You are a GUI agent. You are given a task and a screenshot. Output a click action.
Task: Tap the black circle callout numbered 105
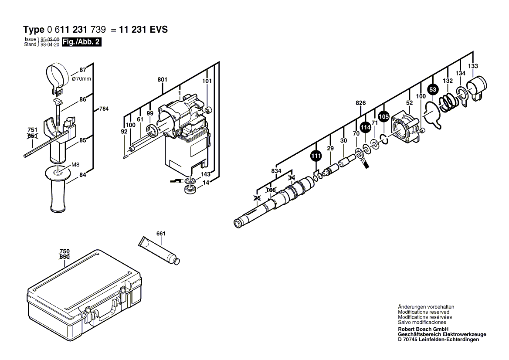pos(383,117)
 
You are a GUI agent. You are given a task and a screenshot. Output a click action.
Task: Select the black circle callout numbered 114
pos(365,127)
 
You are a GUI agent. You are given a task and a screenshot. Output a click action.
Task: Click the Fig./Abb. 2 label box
pos(81,42)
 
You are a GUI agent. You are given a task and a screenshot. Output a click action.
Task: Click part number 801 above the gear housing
pos(162,80)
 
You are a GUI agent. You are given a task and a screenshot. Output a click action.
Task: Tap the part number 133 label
pos(473,66)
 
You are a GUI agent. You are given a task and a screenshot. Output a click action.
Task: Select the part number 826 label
pos(360,103)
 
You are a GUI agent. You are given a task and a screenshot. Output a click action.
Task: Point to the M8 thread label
pos(75,165)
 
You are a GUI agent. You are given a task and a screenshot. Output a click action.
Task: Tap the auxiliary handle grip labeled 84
pos(57,192)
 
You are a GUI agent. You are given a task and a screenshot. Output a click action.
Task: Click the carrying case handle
pos(103,309)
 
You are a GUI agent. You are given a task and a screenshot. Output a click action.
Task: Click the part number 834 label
pos(276,171)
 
